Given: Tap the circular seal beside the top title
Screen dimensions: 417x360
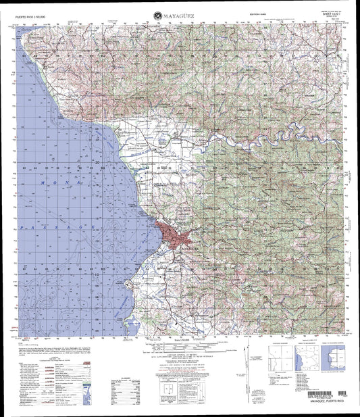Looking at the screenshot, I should coord(157,11).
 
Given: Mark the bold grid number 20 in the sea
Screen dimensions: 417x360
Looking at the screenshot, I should coord(97,162).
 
